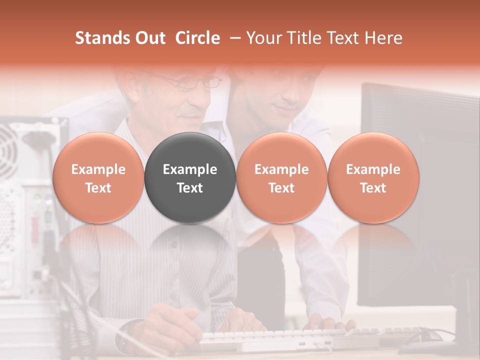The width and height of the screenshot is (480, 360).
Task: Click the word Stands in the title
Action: coord(102,38)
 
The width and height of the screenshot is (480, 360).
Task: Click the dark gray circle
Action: coord(190,177)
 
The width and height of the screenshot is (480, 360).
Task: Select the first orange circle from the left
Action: coord(98,177)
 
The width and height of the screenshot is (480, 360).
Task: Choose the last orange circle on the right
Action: coord(373,177)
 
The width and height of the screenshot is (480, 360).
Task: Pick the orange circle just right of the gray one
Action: coord(281,177)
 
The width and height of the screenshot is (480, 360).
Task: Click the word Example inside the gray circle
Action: coord(190,169)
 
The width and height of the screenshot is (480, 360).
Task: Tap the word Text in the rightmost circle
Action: coord(373,188)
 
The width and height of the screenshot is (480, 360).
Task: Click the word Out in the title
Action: coord(149,38)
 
